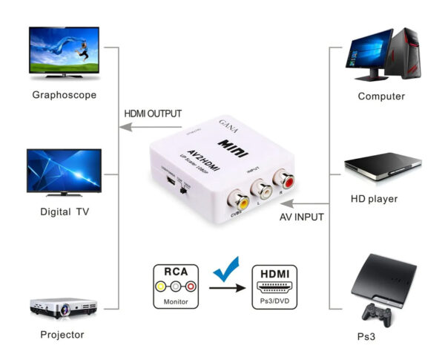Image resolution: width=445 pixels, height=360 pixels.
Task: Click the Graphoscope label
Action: click(64, 95)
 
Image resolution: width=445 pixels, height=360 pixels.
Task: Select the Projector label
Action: click(62, 334)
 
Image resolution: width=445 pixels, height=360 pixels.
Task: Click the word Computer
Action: click(381, 96)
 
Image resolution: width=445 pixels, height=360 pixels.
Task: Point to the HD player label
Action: click(374, 199)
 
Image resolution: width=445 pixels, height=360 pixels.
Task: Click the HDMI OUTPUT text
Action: click(152, 114)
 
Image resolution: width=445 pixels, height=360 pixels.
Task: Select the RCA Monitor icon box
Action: click(177, 286)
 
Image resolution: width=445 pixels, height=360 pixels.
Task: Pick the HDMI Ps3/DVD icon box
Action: click(274, 286)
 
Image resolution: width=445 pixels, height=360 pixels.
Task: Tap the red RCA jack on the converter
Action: click(284, 178)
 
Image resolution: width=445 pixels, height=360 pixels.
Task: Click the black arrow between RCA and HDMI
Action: click(225, 286)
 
